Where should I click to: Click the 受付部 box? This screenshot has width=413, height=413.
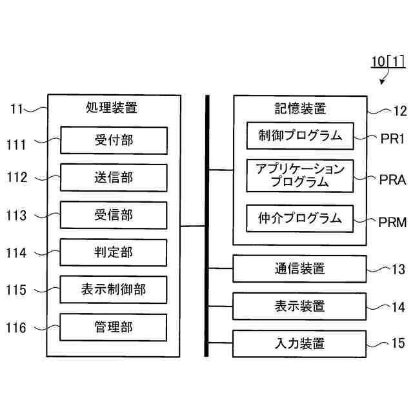point(114,139)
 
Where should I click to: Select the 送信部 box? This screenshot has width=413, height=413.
point(114,177)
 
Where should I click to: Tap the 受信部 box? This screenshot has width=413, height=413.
point(114,214)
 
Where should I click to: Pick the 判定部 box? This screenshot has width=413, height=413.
point(114,252)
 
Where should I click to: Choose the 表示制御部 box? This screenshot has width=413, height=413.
point(114,289)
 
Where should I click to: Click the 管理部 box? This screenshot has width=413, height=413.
point(114,327)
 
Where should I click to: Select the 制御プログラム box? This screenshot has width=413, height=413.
point(300,136)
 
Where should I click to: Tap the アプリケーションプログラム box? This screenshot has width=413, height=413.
point(300,176)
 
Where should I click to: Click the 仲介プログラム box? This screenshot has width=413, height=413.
point(300,218)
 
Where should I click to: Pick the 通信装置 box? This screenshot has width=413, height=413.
point(299,268)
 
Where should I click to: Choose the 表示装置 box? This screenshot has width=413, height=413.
point(299,306)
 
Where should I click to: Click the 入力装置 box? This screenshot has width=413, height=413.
point(299,343)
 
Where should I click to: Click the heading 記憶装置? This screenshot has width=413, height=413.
point(300,108)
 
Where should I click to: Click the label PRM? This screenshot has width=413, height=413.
point(392,223)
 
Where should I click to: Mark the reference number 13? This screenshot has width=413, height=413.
point(399,268)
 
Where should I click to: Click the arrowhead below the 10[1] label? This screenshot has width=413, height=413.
point(382,83)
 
